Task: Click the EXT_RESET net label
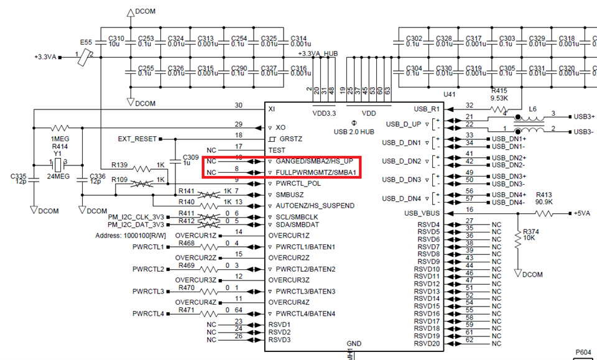137,138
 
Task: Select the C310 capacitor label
116,39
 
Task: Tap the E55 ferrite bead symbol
86,56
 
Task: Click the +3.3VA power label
45,57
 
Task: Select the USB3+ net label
585,116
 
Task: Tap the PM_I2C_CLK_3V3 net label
137,216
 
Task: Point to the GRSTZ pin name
291,139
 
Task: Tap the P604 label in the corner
583,353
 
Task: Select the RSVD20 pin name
428,343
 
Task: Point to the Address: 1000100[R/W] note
129,236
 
